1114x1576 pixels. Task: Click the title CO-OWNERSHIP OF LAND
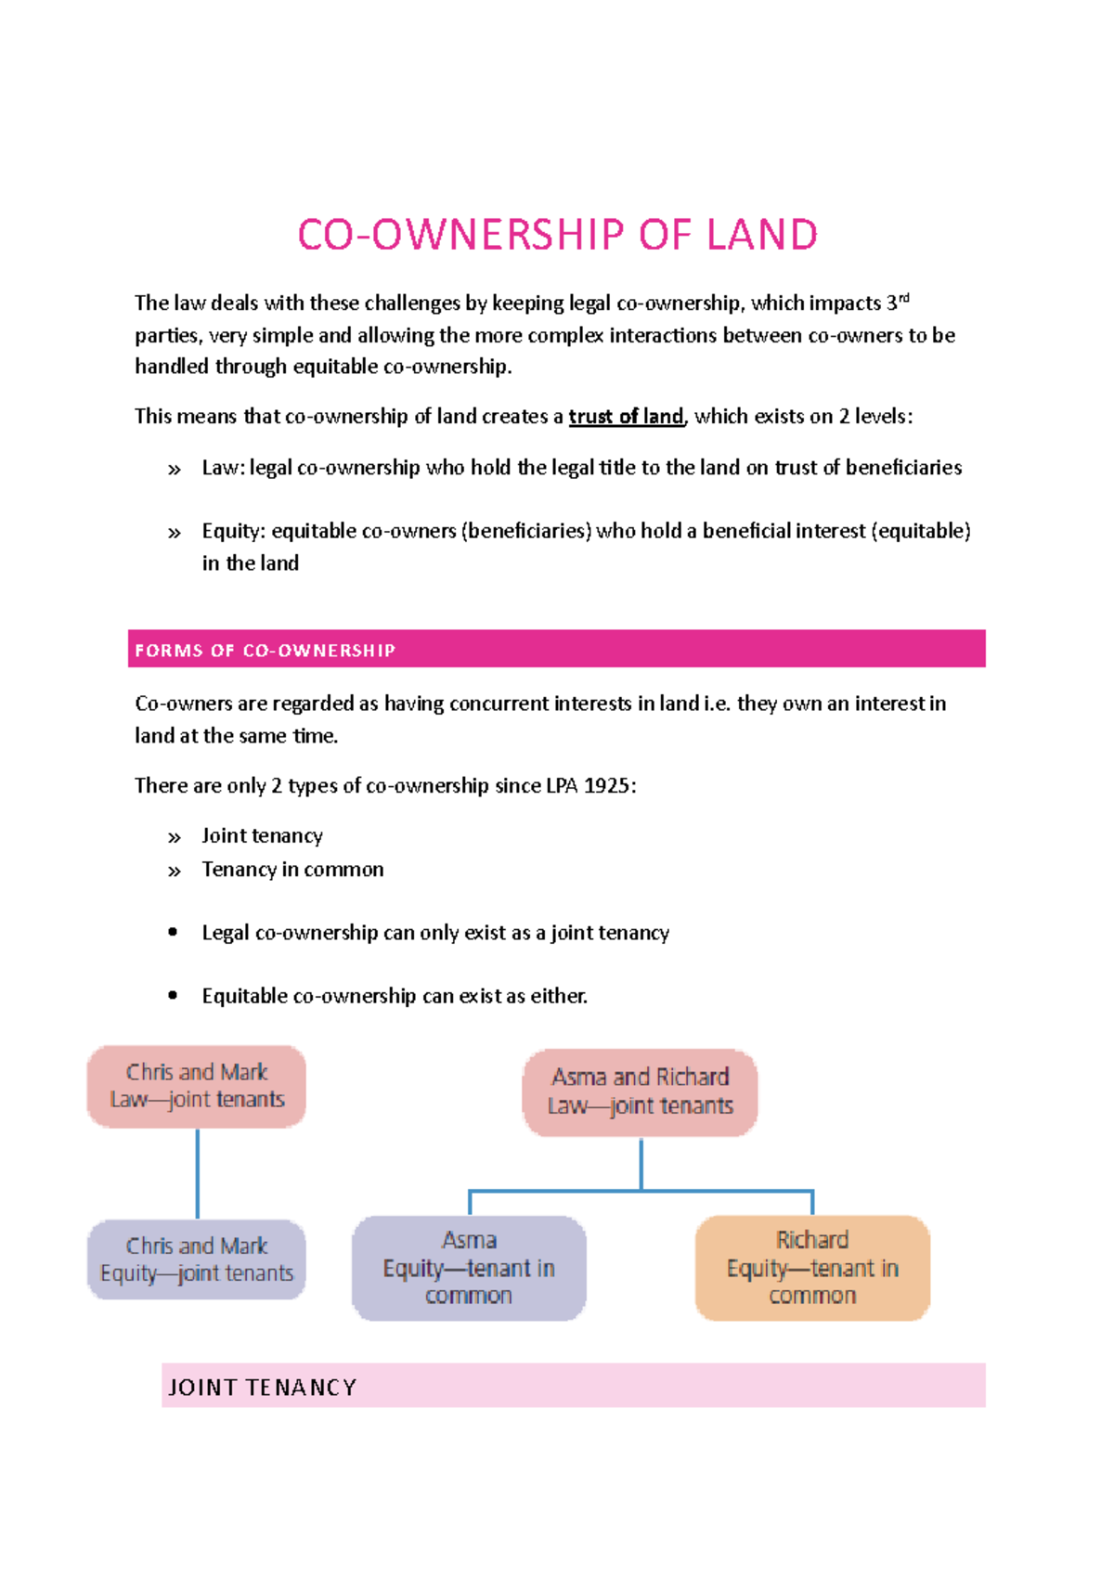(x=557, y=235)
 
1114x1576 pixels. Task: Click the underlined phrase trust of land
(x=626, y=417)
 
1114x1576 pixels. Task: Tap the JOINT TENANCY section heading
(x=262, y=1388)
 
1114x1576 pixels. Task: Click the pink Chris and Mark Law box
(x=197, y=1087)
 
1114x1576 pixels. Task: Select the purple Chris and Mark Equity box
(x=197, y=1260)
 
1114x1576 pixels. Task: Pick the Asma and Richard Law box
(x=641, y=1092)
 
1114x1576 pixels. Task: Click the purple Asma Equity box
(x=469, y=1268)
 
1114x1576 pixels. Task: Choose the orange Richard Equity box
(x=812, y=1268)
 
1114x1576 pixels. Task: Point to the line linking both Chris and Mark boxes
(x=198, y=1174)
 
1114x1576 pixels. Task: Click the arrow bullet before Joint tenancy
(x=175, y=838)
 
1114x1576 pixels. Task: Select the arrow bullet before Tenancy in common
(x=175, y=872)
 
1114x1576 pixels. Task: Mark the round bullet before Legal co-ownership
(x=174, y=932)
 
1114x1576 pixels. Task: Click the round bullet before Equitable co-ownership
(x=174, y=995)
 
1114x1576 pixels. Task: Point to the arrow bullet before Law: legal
(x=175, y=470)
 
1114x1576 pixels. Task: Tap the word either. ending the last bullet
(x=559, y=996)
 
